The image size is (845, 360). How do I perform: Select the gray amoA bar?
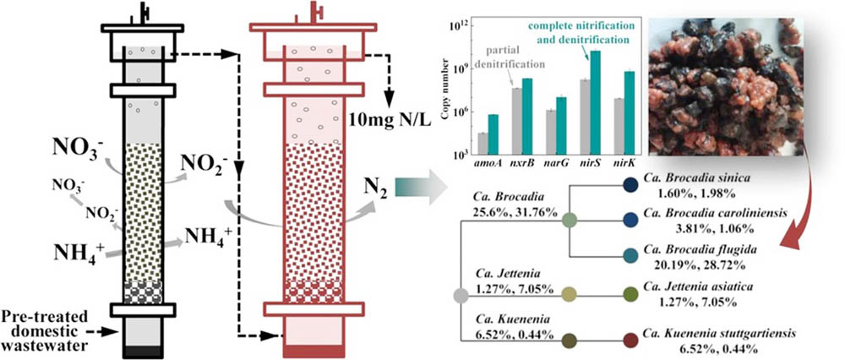[x=482, y=145]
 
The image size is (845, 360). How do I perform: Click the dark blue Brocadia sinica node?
[x=630, y=184]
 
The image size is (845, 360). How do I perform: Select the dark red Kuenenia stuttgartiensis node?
[x=630, y=341]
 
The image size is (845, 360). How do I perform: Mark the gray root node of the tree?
[x=461, y=296]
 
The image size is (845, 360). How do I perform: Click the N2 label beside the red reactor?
[x=373, y=187]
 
